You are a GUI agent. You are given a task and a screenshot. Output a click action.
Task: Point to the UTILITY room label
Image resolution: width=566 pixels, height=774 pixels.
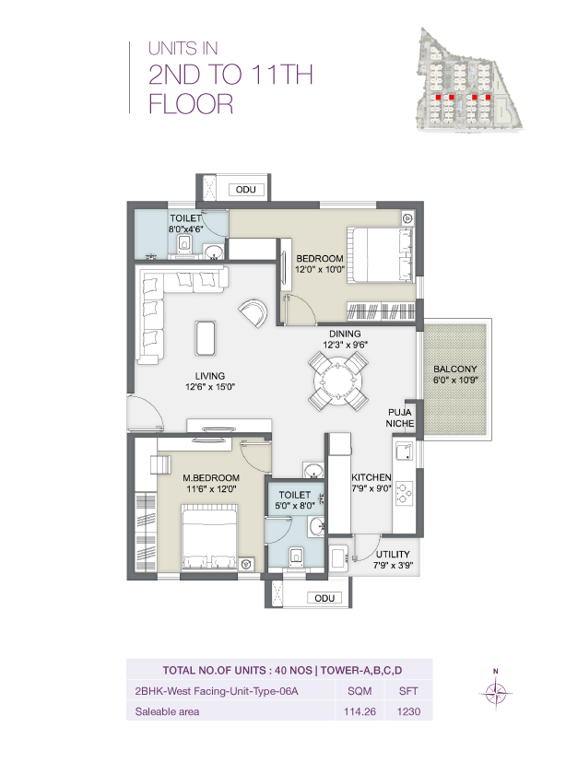[393, 554]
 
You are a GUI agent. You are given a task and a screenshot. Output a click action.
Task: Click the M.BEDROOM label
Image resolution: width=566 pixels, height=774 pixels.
[210, 477]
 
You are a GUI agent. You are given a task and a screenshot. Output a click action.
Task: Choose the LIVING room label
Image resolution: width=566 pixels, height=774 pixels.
[210, 375]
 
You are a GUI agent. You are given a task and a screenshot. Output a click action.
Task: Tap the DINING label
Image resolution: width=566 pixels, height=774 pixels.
[345, 334]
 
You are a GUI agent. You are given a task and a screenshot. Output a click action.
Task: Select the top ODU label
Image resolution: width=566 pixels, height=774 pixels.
[246, 190]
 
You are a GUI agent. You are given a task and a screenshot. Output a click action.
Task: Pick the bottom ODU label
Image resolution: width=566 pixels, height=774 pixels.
[323, 598]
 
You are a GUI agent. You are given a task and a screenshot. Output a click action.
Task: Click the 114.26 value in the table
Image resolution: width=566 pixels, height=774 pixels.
[354, 711]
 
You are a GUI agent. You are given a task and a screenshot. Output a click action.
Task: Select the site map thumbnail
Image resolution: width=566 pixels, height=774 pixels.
[468, 77]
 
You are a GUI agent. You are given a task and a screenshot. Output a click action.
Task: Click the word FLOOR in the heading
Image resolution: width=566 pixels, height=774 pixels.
[191, 104]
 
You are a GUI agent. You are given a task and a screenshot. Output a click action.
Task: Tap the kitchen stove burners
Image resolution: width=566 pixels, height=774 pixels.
[405, 493]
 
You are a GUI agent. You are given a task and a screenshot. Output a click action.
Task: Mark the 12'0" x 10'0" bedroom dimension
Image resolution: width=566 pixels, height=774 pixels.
[319, 269]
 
